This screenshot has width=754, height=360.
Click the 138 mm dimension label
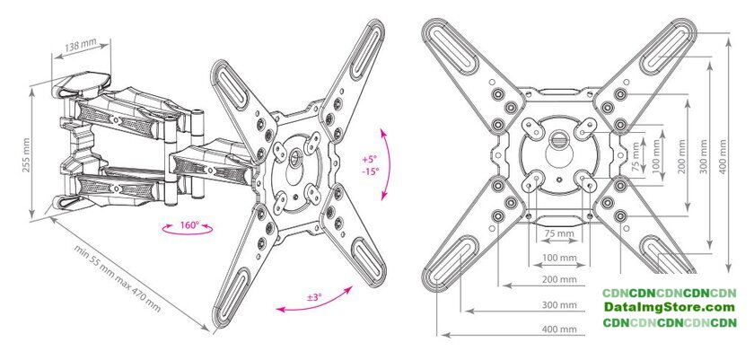(x=80, y=46)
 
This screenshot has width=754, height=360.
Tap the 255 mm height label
(x=26, y=155)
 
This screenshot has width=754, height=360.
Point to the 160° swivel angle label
(x=189, y=225)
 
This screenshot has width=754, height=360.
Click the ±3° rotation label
(x=313, y=297)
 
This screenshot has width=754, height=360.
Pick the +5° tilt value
(x=370, y=160)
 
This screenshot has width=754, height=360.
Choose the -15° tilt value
(x=370, y=171)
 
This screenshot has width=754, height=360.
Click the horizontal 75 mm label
(x=558, y=233)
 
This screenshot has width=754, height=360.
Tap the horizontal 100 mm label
(x=559, y=258)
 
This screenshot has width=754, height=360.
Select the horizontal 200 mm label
(x=559, y=280)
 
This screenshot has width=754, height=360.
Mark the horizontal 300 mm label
(x=559, y=304)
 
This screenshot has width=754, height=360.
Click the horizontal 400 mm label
(x=559, y=329)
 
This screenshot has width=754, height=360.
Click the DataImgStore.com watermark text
(x=670, y=308)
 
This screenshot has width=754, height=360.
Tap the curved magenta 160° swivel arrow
(x=188, y=233)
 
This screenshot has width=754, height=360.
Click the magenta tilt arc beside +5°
(x=388, y=163)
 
